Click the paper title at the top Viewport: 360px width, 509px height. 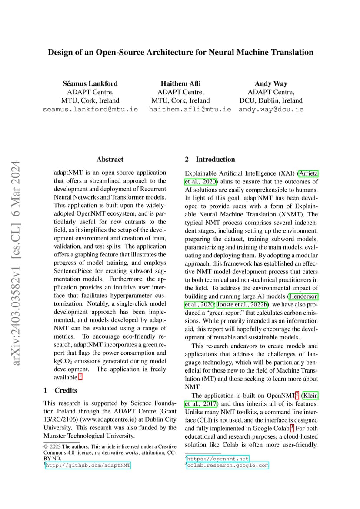180,53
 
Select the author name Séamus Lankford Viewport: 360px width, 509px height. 90,83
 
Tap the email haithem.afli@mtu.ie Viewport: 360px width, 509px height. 190,109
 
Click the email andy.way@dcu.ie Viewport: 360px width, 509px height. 271,109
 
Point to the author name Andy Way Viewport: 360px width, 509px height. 271,83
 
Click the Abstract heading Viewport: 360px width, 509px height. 110,160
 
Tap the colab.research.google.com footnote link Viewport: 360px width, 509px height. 227,465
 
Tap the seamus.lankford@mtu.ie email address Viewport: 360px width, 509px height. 90,109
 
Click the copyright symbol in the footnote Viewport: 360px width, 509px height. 46,446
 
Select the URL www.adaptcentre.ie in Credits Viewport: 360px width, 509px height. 104,419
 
